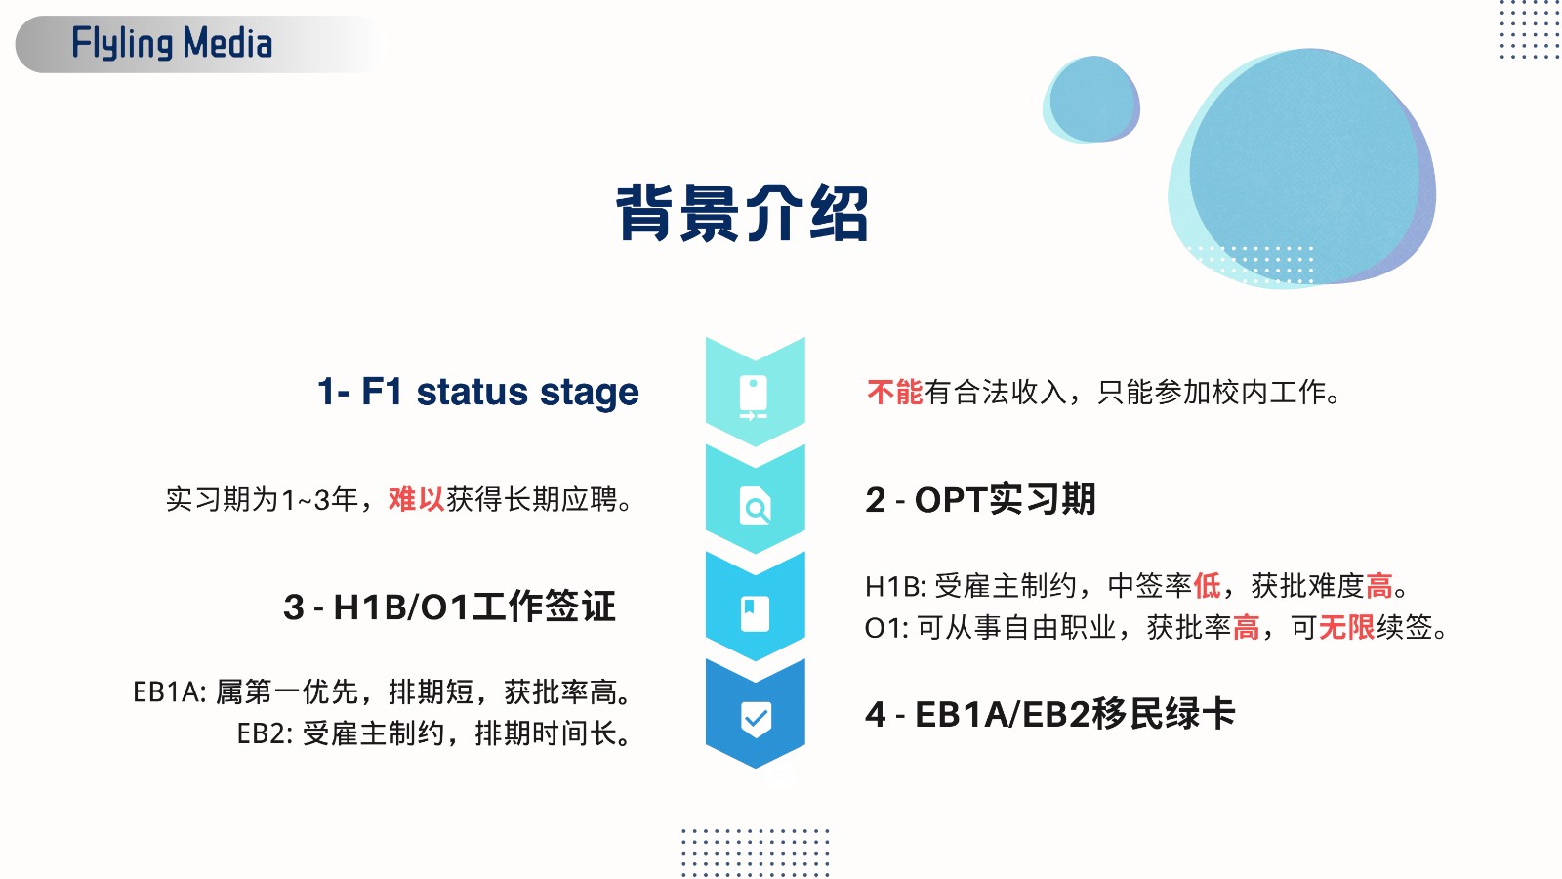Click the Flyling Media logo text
point(172,43)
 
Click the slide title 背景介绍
point(743,214)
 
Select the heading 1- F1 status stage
point(478,392)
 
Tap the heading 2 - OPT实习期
point(980,499)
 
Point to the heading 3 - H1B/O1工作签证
point(450,607)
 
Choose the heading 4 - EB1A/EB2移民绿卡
point(1049,714)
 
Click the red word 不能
point(894,392)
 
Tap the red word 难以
point(416,499)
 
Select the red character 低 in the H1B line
point(1207,585)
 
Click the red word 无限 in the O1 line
point(1346,627)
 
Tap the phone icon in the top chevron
point(754,398)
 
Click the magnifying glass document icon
point(756,506)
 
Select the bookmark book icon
point(755,613)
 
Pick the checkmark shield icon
point(756,719)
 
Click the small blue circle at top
point(1091,99)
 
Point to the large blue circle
point(1302,167)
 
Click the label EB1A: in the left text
point(170,692)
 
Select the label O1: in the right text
point(886,628)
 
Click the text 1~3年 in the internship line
point(319,499)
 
